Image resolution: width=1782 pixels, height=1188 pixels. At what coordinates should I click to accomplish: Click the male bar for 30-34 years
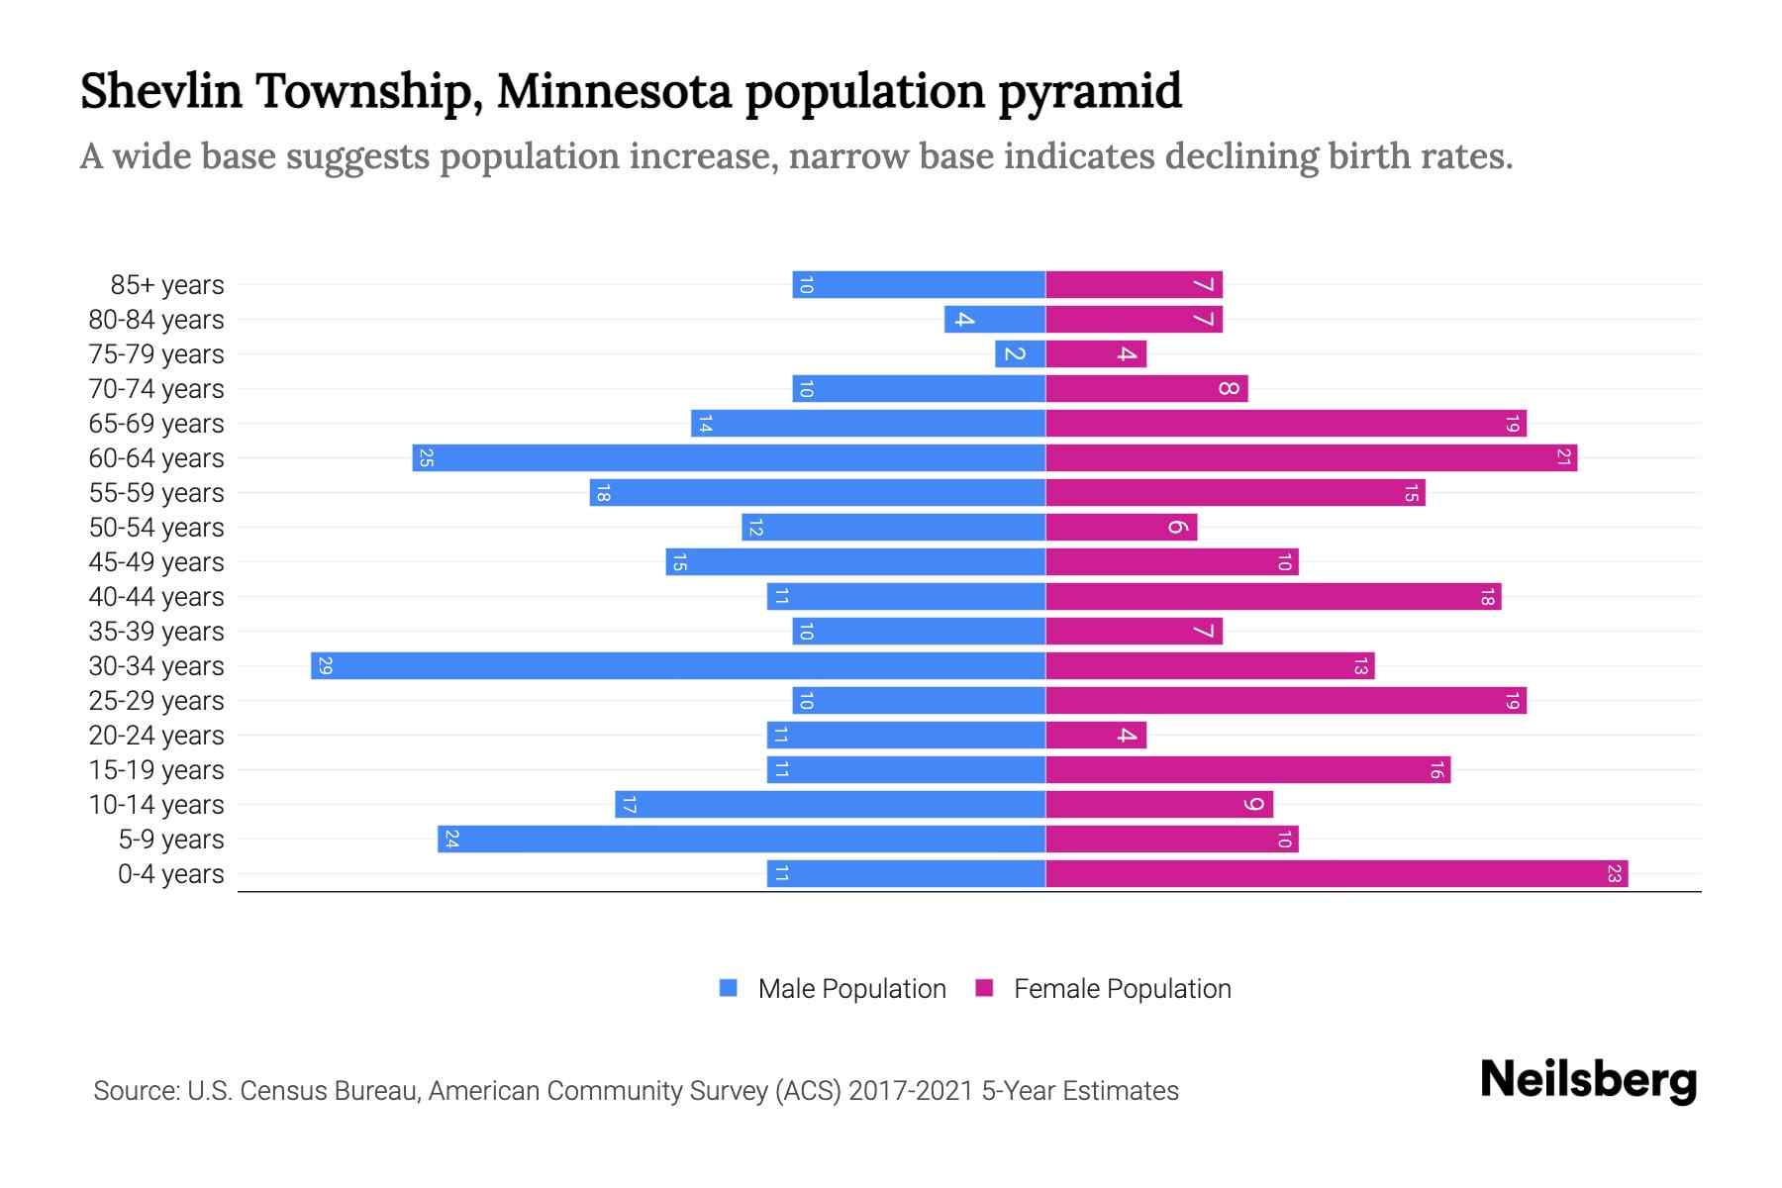coord(678,666)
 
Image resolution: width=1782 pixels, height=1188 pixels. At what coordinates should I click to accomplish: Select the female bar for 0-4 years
coord(1336,874)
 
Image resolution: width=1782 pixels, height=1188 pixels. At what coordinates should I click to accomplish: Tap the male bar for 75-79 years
coord(1021,354)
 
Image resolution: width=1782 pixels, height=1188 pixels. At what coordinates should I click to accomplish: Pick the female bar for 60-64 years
coord(1311,458)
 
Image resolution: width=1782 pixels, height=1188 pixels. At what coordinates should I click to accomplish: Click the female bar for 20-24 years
coord(1096,736)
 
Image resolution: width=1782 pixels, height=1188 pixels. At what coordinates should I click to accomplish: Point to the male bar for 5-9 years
coord(742,840)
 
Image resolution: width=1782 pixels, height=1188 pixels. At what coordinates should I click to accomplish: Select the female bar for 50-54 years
coord(1121,528)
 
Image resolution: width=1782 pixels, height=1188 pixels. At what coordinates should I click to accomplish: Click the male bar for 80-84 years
coord(995,320)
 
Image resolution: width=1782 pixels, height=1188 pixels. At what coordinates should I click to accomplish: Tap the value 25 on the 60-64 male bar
coord(426,458)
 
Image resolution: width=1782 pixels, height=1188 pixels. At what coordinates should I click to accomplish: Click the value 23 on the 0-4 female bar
coord(1614,874)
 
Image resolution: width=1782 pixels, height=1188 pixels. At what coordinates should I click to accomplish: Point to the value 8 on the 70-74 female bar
coord(1229,389)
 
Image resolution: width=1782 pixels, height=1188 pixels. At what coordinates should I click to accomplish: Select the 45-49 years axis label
coord(156,562)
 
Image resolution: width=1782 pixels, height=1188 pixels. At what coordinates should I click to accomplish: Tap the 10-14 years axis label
coord(156,805)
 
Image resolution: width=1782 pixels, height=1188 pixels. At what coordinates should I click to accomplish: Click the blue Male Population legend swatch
coord(729,988)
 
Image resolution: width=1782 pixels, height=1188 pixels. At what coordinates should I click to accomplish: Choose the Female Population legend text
coord(1122,989)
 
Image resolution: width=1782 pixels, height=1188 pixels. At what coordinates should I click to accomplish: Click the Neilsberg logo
coord(1588,1080)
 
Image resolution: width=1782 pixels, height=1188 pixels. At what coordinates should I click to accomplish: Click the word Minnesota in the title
coord(614,91)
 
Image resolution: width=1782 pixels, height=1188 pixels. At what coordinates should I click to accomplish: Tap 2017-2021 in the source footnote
coord(911,1091)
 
